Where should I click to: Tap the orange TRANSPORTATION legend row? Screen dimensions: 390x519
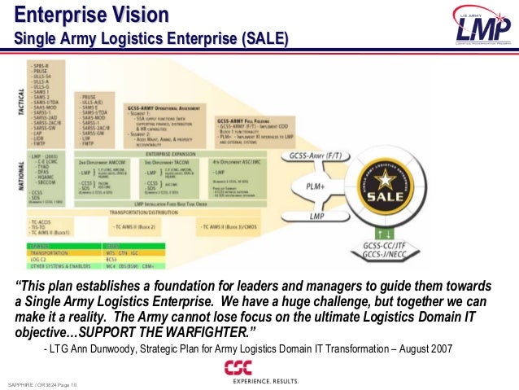click(x=49, y=252)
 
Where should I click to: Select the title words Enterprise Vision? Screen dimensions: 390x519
click(x=92, y=15)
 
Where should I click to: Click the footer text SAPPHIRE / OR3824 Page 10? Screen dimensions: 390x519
click(x=41, y=383)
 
